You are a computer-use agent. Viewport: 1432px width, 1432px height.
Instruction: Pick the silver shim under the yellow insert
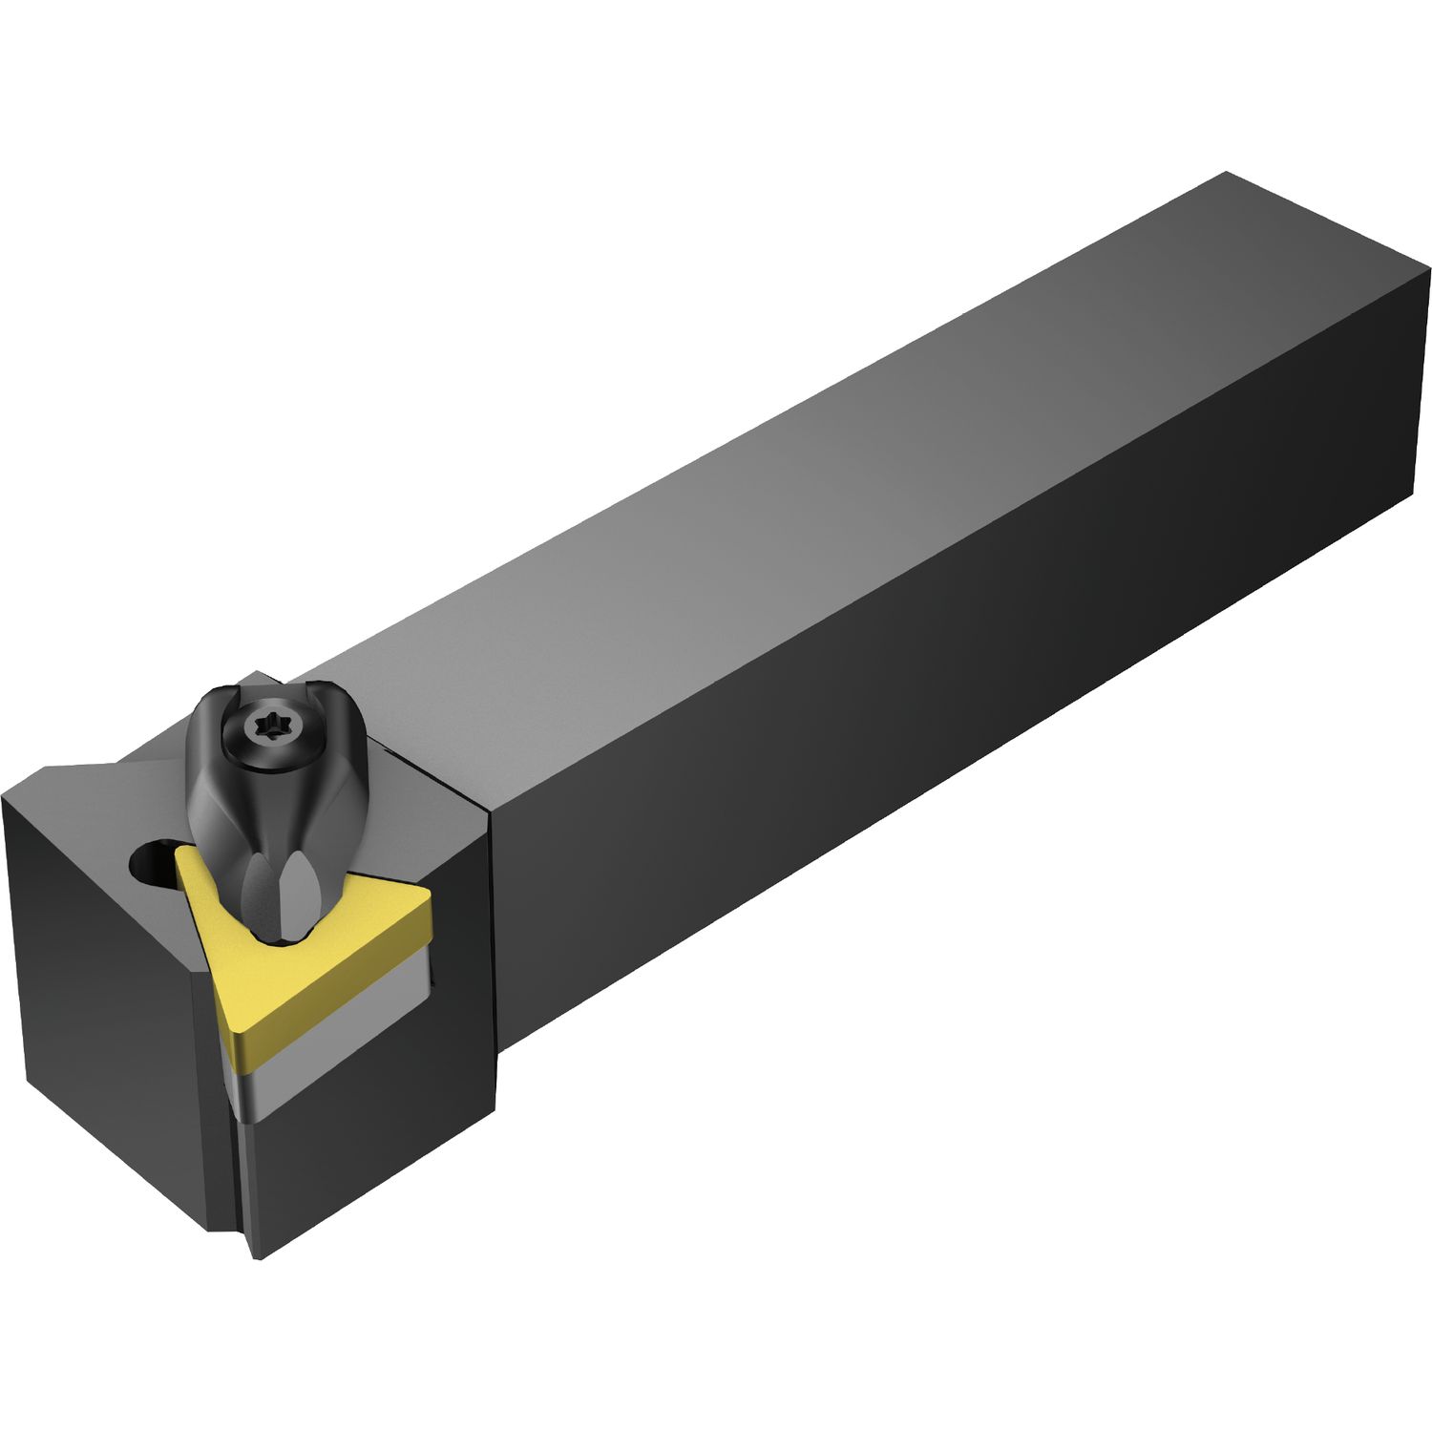click(x=334, y=1050)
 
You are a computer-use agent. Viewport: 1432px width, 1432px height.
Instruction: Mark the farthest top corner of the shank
click(x=1226, y=174)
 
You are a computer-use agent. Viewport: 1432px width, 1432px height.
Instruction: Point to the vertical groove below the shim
click(x=239, y=1174)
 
